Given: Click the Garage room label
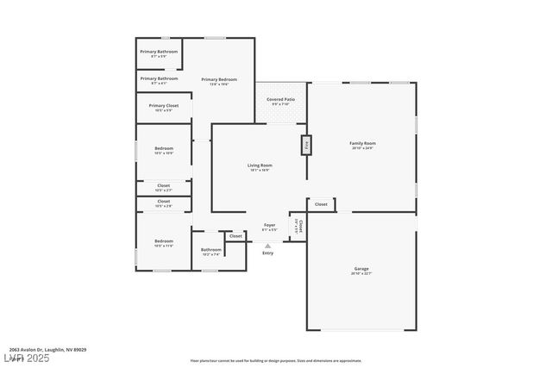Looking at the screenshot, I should (x=361, y=269).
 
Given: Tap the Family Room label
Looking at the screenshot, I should (x=362, y=144).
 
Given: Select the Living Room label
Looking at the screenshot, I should (x=260, y=165).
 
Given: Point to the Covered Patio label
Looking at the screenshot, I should (x=280, y=100).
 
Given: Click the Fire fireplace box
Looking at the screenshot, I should (x=306, y=145).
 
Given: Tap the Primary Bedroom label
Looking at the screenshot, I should (x=219, y=80).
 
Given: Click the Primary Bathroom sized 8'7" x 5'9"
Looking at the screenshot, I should (x=159, y=52).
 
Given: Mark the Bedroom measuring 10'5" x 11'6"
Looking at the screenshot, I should (x=164, y=241).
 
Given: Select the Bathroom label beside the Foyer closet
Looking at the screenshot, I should (x=211, y=250).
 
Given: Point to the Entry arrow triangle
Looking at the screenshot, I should (x=267, y=246).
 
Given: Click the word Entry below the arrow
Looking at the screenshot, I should (x=267, y=253).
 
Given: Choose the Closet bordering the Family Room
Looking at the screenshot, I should (x=321, y=204).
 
